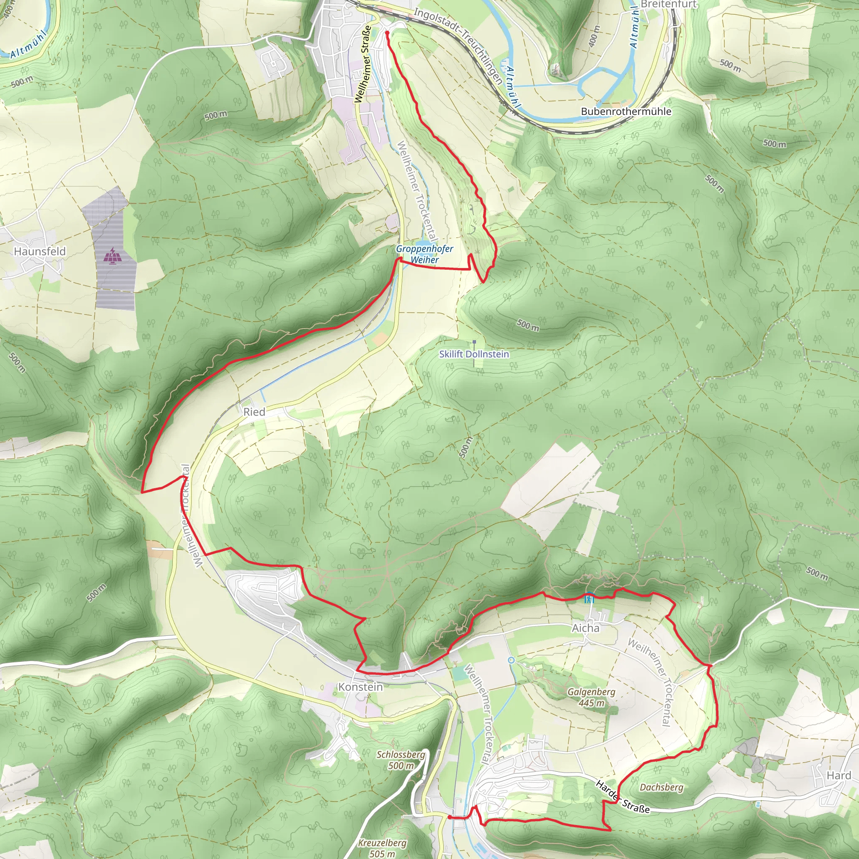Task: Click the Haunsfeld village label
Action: pos(39,252)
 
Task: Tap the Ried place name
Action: pos(254,412)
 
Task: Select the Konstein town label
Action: pos(360,687)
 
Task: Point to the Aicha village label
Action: pos(585,628)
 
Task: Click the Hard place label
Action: pos(838,776)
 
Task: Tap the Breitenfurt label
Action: pos(669,5)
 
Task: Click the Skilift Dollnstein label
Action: pos(474,354)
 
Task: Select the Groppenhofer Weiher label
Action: pos(424,254)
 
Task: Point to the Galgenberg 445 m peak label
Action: pos(591,697)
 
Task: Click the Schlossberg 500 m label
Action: pos(401,760)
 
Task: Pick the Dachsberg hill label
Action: pos(661,787)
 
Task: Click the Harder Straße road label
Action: pos(622,797)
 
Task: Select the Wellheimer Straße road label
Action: pos(362,65)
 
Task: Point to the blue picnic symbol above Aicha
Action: pos(589,598)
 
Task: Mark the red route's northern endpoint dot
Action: pos(387,33)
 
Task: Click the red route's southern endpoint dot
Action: pos(450,817)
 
